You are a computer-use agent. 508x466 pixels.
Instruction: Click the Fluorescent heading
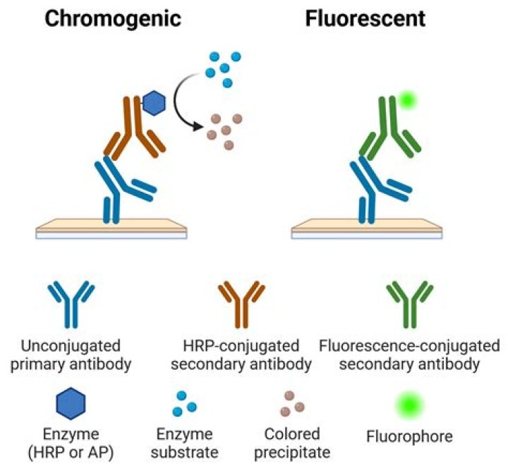click(365, 18)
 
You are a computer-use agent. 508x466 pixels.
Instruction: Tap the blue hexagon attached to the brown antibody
click(154, 104)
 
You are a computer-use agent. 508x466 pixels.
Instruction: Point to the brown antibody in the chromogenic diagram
click(134, 131)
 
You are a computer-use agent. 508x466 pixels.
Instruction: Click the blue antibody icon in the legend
click(70, 303)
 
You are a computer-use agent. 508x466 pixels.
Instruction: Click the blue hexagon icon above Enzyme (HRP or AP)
click(71, 405)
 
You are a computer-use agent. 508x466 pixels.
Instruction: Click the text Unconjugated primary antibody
click(71, 355)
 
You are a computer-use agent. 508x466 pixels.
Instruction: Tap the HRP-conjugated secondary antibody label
click(240, 355)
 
